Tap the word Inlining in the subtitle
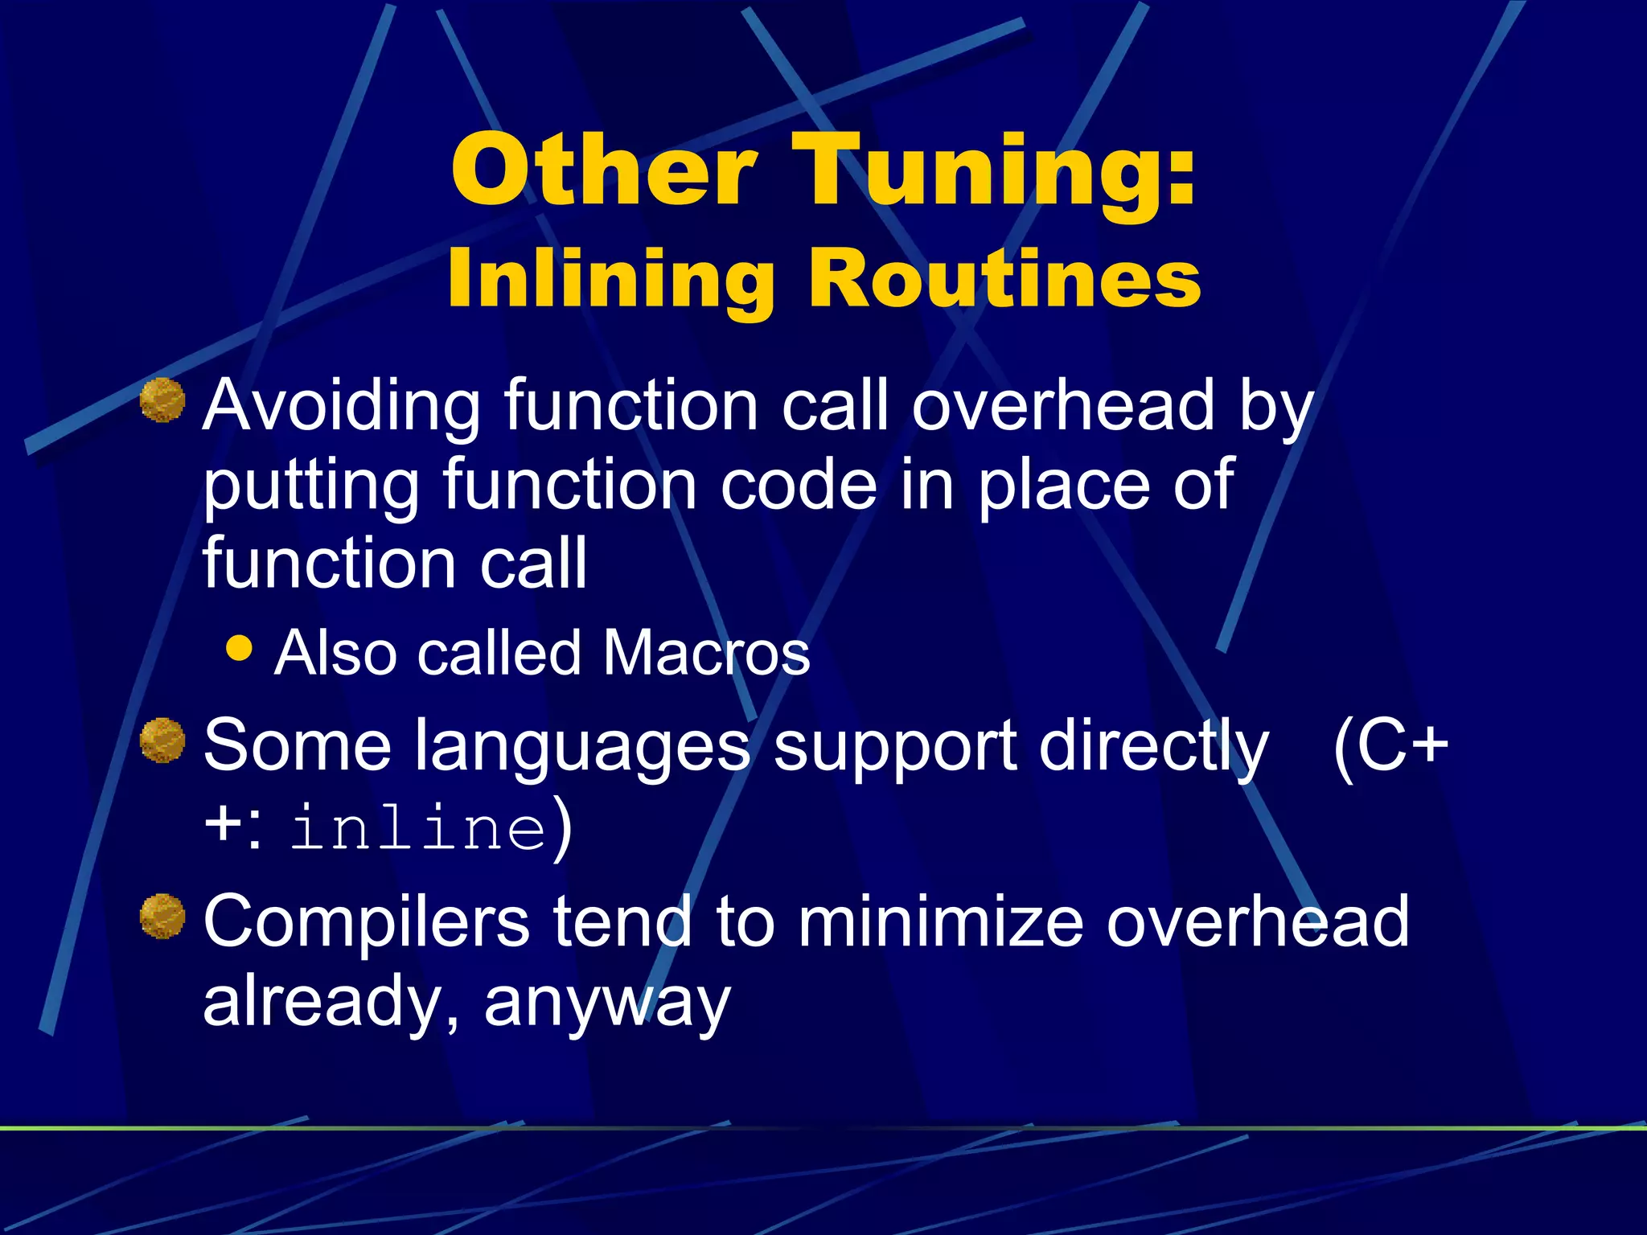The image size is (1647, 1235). (610, 279)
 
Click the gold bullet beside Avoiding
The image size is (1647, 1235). (162, 400)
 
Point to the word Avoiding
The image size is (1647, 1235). (341, 406)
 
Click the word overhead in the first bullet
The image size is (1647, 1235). (1062, 406)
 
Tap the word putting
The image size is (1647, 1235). (310, 486)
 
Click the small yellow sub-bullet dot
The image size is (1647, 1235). (239, 648)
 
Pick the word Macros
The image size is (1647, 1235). (706, 653)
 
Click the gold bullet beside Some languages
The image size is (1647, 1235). (162, 741)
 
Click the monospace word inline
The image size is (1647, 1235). (418, 829)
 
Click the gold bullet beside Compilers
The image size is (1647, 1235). (162, 916)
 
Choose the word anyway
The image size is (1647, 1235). (607, 1003)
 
